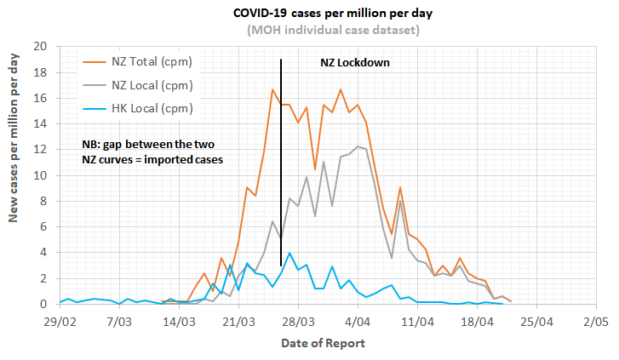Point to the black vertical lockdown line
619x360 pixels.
click(281, 170)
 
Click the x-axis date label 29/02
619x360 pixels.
click(59, 323)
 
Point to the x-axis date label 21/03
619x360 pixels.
click(238, 323)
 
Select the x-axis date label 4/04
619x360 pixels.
click(358, 323)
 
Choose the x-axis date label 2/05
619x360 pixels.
click(596, 323)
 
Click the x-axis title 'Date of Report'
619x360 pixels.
click(324, 343)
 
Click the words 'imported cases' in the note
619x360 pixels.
click(183, 159)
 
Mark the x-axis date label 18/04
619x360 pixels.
click(477, 323)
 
